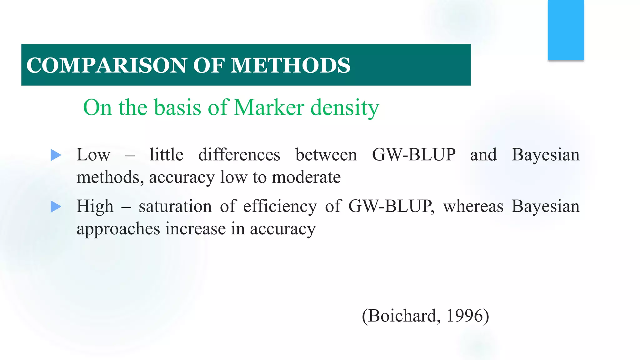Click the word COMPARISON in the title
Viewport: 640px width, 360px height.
click(107, 65)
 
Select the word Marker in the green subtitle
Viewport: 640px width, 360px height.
click(269, 107)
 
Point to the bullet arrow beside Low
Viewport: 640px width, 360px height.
click(56, 155)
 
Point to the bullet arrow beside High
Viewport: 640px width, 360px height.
click(56, 207)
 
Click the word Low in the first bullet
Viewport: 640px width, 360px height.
click(93, 155)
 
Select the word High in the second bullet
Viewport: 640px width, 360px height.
click(95, 207)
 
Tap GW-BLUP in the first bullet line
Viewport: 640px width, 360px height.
click(414, 155)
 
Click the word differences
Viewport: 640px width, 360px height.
click(239, 155)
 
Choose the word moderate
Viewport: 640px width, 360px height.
click(306, 177)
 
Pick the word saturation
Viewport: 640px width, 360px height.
click(175, 207)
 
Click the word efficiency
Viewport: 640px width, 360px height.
click(280, 207)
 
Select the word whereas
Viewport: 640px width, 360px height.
click(473, 207)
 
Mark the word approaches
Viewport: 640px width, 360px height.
click(118, 229)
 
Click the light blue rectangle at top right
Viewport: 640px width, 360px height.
click(566, 30)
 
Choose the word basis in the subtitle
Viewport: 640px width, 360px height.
click(177, 107)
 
